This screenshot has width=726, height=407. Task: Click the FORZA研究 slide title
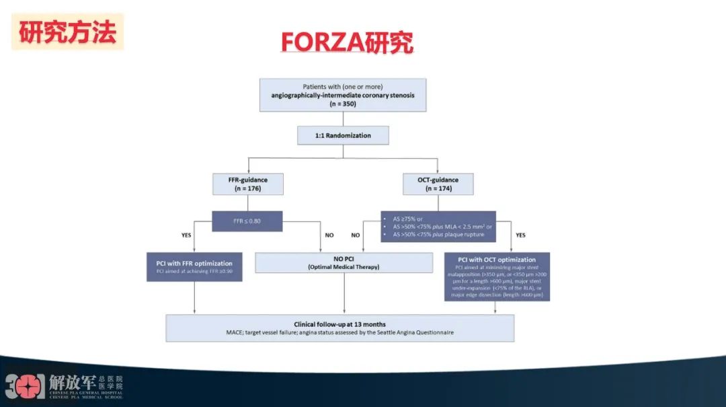pos(346,42)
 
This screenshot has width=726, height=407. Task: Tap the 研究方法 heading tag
pos(67,32)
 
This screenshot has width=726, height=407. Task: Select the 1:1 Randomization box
pos(343,135)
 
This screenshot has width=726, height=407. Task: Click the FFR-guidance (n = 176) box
pos(247,184)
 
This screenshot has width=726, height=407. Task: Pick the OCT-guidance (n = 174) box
pos(437,184)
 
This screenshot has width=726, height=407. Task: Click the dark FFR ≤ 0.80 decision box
pos(247,221)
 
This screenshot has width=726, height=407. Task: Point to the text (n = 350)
pos(343,104)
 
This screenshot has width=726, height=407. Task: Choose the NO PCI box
pos(344,262)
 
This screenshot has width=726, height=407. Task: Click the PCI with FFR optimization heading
pos(194,263)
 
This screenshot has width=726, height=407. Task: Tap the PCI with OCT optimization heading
pos(497,260)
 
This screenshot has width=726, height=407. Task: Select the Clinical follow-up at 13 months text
pos(339,324)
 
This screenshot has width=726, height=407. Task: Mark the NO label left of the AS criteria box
pos(355,235)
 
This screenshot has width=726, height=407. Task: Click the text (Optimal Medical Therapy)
pos(344,267)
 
